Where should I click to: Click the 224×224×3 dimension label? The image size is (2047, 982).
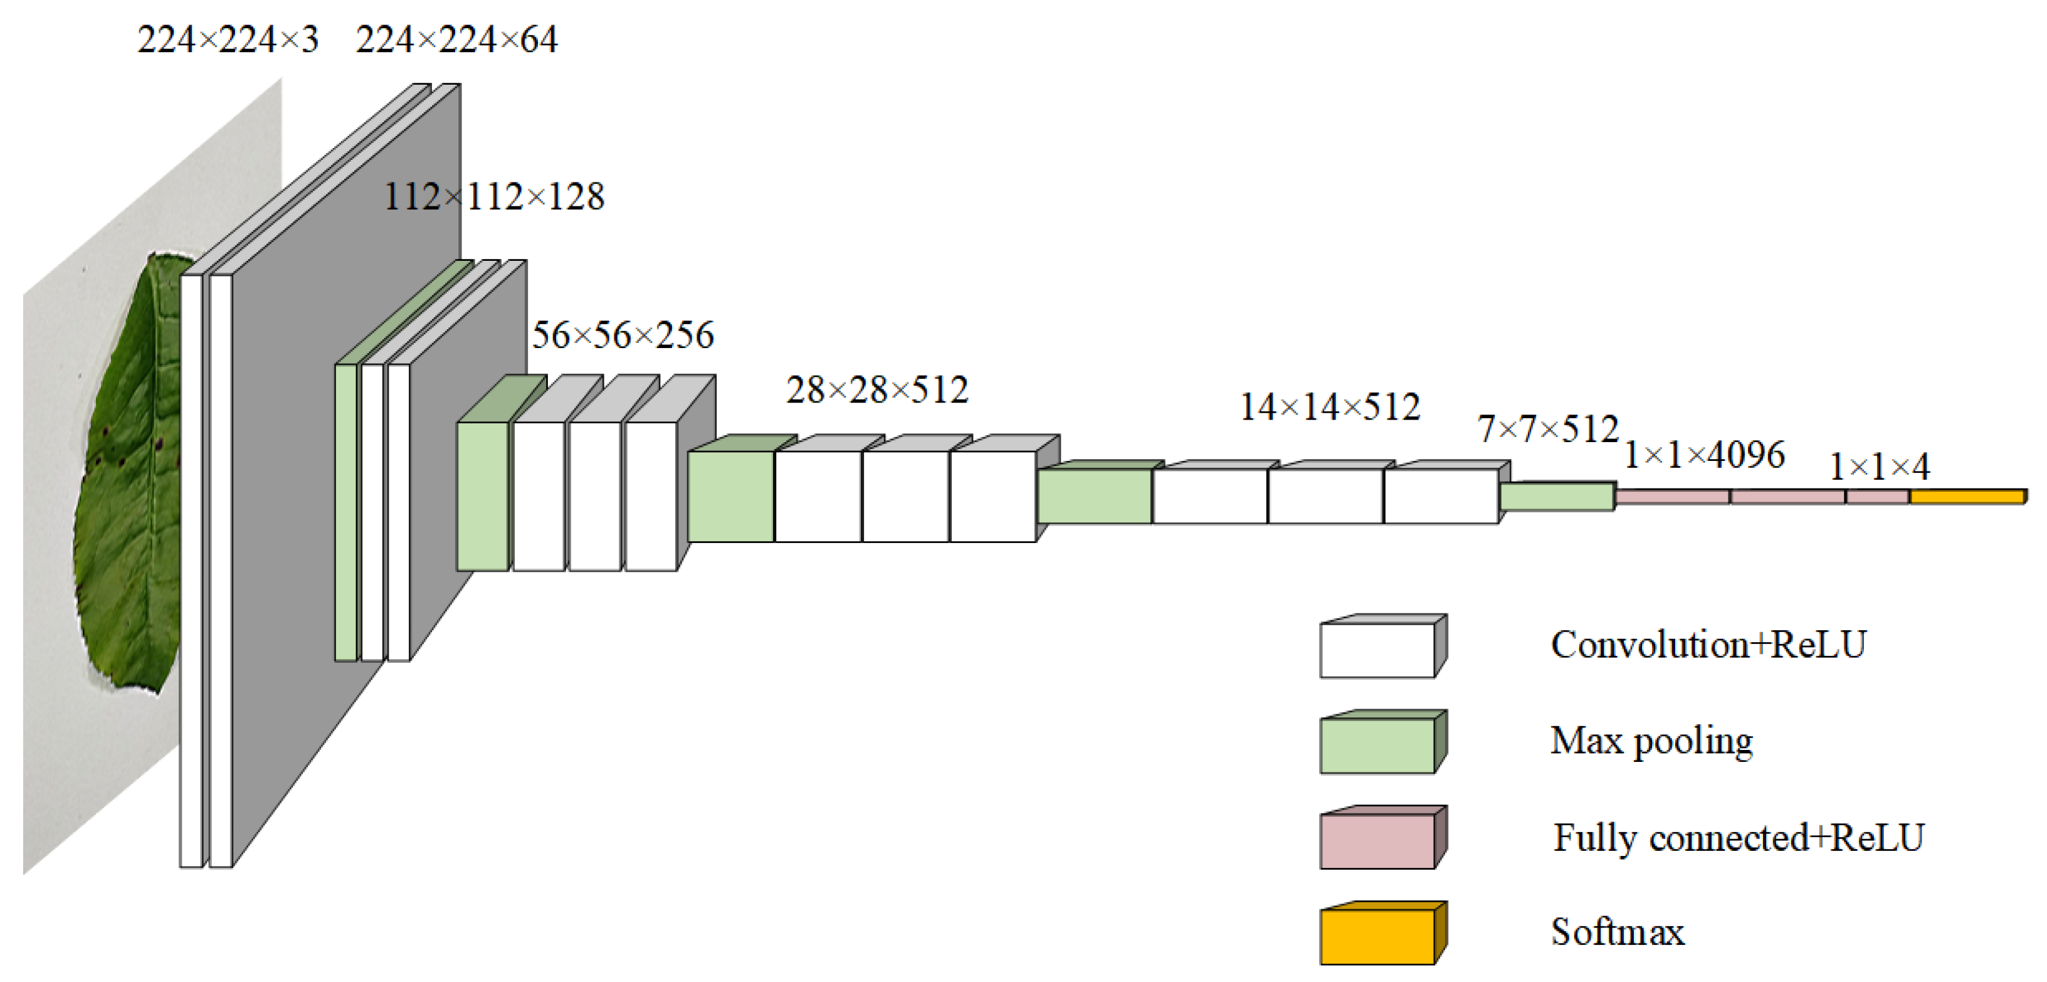point(228,40)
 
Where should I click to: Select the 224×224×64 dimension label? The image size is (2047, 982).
point(457,40)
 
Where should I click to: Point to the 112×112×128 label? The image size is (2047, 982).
point(494,196)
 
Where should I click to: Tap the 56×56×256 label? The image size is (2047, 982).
point(623,334)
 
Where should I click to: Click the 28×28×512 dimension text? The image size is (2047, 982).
point(877,389)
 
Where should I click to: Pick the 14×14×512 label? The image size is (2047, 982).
point(1330,407)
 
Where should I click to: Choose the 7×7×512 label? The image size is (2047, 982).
point(1548,429)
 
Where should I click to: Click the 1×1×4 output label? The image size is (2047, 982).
point(1880,467)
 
